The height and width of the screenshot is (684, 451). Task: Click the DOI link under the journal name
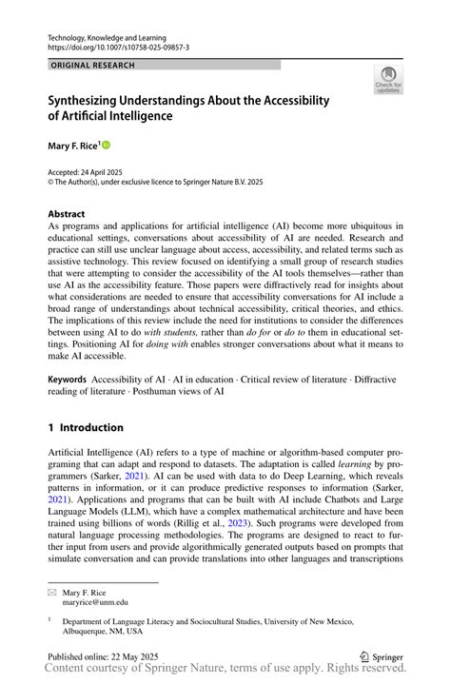118,46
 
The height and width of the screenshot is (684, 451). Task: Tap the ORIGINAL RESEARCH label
92,66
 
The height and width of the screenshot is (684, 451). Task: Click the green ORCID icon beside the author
106,145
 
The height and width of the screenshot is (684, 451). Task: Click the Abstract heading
67,214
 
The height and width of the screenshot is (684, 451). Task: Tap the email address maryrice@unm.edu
95,602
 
